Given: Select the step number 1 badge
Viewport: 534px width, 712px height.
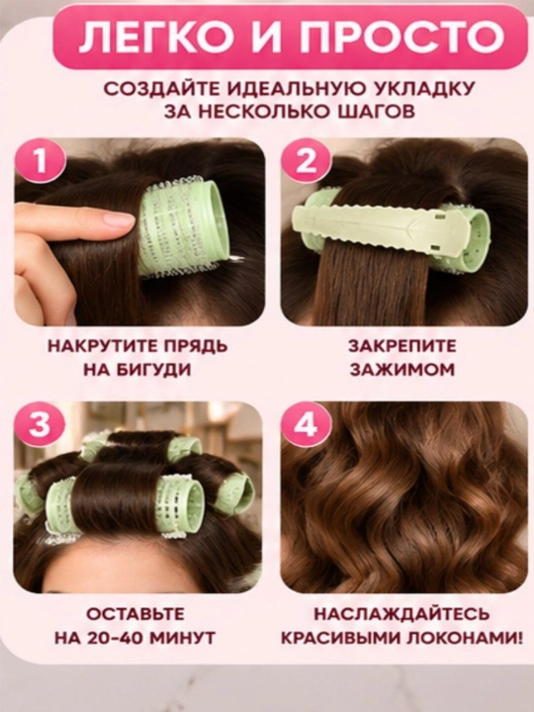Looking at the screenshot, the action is [x=41, y=161].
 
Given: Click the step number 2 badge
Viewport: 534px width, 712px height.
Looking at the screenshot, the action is [x=306, y=161].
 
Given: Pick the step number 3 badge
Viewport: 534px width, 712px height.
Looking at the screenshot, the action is [x=41, y=425].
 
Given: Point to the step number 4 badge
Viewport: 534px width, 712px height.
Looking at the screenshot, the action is [x=306, y=425].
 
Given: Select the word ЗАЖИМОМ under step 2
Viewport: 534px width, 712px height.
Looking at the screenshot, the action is [x=402, y=370].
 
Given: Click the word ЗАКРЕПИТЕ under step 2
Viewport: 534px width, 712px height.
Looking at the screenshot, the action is [x=402, y=346].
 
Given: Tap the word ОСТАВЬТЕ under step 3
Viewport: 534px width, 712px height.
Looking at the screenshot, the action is [x=135, y=614].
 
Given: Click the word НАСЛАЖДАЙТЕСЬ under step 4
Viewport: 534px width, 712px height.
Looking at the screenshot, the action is [x=402, y=614].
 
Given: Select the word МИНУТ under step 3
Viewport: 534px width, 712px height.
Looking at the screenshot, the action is [x=182, y=638].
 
